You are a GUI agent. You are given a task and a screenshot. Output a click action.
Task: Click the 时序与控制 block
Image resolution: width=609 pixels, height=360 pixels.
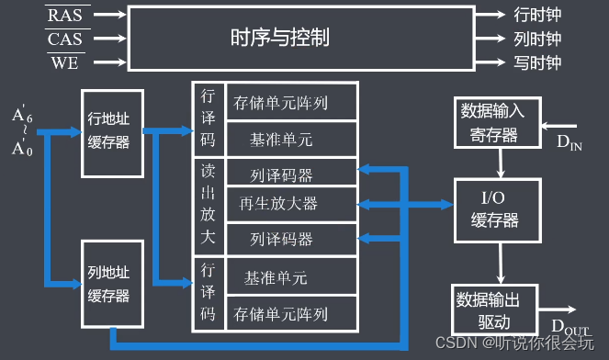point(279,39)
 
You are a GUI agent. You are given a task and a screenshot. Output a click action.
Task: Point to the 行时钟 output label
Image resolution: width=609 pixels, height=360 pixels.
point(536,16)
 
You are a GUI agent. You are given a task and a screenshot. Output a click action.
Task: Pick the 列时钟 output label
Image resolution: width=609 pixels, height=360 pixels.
point(536,39)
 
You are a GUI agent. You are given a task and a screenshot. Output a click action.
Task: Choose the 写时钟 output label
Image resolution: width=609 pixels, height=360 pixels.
point(536,62)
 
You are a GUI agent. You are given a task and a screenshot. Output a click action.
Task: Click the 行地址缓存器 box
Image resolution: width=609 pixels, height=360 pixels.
point(112,133)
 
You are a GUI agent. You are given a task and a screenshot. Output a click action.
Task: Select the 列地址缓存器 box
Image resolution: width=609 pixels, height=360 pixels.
point(112,285)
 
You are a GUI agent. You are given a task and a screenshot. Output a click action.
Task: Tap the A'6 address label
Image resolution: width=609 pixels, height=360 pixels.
point(21,116)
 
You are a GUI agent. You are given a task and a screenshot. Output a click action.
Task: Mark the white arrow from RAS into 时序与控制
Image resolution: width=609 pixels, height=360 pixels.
point(108,16)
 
